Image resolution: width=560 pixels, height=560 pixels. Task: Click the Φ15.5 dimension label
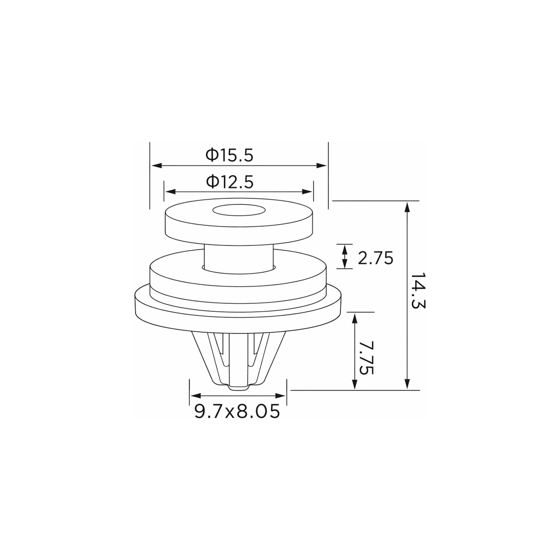click(x=229, y=155)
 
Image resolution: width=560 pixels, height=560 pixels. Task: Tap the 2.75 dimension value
click(x=375, y=258)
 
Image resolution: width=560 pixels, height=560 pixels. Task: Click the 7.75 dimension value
click(x=366, y=357)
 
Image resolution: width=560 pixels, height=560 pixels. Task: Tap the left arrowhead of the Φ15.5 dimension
click(x=157, y=166)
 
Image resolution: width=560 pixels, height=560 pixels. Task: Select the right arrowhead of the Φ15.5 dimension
click(x=321, y=166)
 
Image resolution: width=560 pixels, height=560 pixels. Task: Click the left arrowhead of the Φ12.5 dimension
click(x=170, y=192)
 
